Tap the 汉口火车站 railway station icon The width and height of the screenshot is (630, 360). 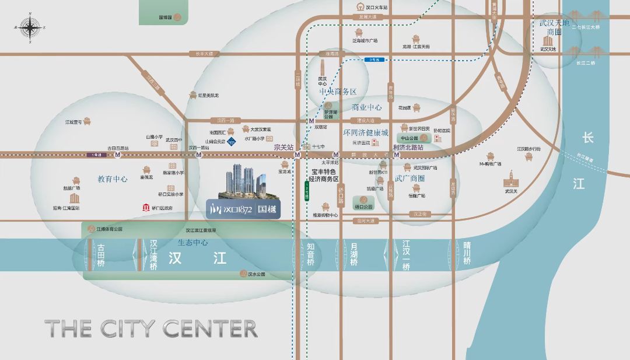[x=362, y=7]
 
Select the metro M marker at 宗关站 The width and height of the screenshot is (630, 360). [x=297, y=155]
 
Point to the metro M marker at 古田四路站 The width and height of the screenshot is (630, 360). [x=118, y=155]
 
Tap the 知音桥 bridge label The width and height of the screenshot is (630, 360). [x=310, y=254]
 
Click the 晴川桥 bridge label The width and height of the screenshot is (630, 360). [x=467, y=254]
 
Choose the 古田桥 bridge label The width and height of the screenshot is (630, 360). [x=102, y=255]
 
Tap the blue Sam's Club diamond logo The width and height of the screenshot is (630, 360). [x=232, y=141]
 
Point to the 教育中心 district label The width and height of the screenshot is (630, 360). [x=113, y=179]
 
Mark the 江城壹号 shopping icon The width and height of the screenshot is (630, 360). [x=86, y=122]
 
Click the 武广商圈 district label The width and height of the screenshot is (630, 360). [x=410, y=179]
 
